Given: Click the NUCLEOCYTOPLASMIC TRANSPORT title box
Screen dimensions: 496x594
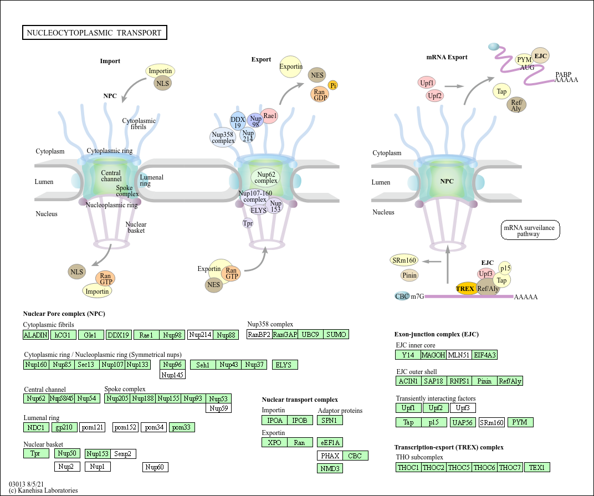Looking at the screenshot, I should click(94, 33).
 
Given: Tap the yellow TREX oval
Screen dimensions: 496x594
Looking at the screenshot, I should click(465, 289).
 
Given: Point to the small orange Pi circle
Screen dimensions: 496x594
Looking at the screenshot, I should click(333, 85).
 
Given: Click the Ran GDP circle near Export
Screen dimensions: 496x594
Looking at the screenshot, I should click(319, 95).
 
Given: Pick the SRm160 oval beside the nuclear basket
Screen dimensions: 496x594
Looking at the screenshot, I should click(403, 260).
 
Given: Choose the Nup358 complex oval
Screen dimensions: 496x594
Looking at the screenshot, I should click(223, 137).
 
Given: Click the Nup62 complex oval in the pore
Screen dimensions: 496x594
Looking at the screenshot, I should click(266, 177).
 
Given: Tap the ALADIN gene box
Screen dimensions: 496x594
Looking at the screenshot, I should click(35, 335).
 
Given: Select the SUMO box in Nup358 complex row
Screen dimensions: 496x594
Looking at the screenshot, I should click(336, 334).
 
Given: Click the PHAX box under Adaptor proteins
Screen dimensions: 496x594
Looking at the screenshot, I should click(330, 456).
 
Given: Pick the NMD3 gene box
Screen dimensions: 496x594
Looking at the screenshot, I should click(330, 468).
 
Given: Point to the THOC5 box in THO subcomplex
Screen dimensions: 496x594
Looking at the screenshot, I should click(459, 467).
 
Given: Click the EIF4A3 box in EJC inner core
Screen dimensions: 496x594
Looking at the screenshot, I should click(485, 355).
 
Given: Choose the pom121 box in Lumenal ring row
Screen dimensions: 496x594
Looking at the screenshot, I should click(92, 427).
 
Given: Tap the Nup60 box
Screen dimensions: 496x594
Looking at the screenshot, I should click(155, 467).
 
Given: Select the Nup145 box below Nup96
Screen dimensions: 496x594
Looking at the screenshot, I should click(172, 375).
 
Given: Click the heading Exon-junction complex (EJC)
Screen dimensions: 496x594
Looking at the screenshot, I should click(436, 334).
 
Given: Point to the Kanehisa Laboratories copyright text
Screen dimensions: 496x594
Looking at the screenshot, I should click(43, 490).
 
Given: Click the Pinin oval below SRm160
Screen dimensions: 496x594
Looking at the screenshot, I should click(409, 275).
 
